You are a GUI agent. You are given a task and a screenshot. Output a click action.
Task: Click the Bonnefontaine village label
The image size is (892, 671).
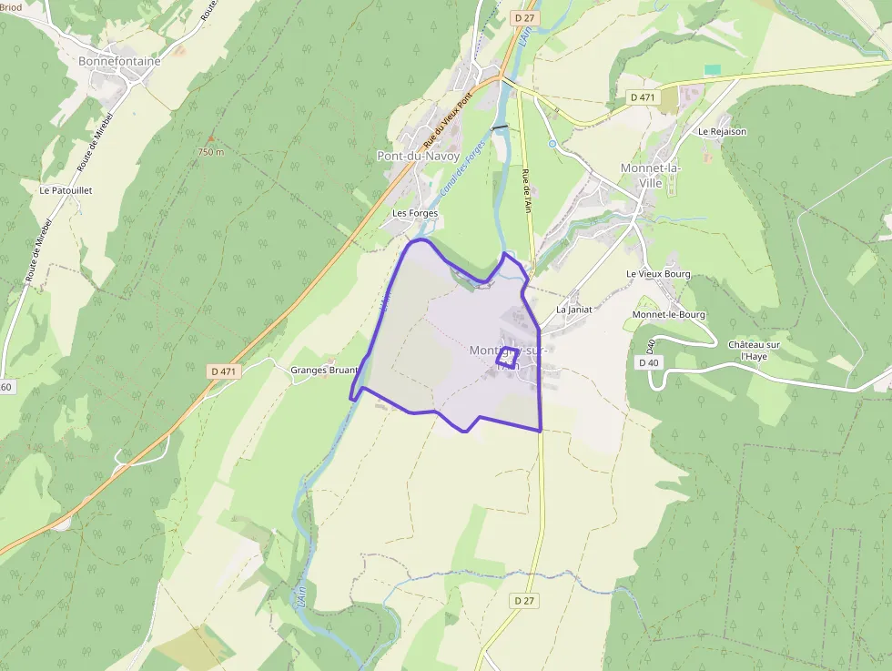point(119,62)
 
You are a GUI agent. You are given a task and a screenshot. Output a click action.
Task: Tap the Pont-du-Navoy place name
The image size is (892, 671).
point(418,156)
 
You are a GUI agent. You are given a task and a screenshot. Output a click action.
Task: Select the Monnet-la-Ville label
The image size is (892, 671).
point(651,175)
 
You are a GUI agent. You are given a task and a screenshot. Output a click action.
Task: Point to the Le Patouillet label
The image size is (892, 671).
point(66,190)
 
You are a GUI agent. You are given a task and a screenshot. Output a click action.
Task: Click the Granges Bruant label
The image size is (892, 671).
point(324,371)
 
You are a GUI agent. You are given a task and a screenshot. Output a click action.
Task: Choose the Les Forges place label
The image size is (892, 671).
point(415,213)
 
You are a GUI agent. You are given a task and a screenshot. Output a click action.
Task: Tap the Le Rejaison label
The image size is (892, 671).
point(722,131)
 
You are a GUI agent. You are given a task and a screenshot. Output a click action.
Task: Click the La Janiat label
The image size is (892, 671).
point(574,310)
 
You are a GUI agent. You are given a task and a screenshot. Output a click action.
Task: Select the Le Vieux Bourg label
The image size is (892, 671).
point(658,274)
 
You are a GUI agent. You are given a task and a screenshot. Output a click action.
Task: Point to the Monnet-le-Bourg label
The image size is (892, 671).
point(668,315)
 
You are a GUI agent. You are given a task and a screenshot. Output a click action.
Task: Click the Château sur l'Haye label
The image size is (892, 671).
point(754,350)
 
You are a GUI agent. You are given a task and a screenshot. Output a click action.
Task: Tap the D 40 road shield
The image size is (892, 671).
point(648,362)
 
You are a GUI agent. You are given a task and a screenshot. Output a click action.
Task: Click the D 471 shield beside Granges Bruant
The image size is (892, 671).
point(223,371)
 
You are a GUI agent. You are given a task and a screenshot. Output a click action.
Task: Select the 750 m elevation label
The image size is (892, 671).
point(210,152)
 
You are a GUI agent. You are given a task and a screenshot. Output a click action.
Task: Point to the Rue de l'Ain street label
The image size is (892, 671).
point(526,191)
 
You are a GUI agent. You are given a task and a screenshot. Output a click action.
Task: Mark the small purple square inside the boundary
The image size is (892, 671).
point(507,358)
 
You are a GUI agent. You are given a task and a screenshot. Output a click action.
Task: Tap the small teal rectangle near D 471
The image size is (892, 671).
point(713,70)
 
